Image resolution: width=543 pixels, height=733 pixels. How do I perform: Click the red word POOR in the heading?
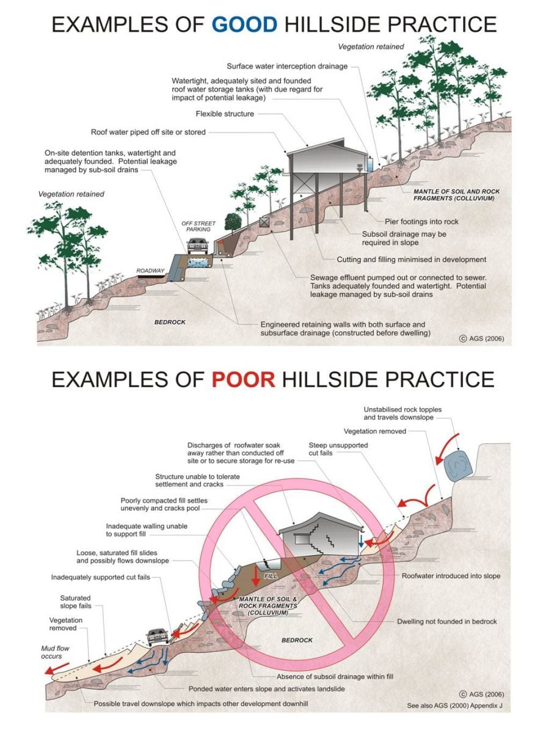point(243,379)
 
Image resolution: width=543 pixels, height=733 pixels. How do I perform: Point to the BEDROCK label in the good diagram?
point(169,321)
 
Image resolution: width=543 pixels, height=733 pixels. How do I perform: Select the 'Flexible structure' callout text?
point(225,114)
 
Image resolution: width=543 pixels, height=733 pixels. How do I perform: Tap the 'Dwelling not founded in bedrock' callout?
point(446,621)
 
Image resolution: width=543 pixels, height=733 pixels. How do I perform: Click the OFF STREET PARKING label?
point(199,227)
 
